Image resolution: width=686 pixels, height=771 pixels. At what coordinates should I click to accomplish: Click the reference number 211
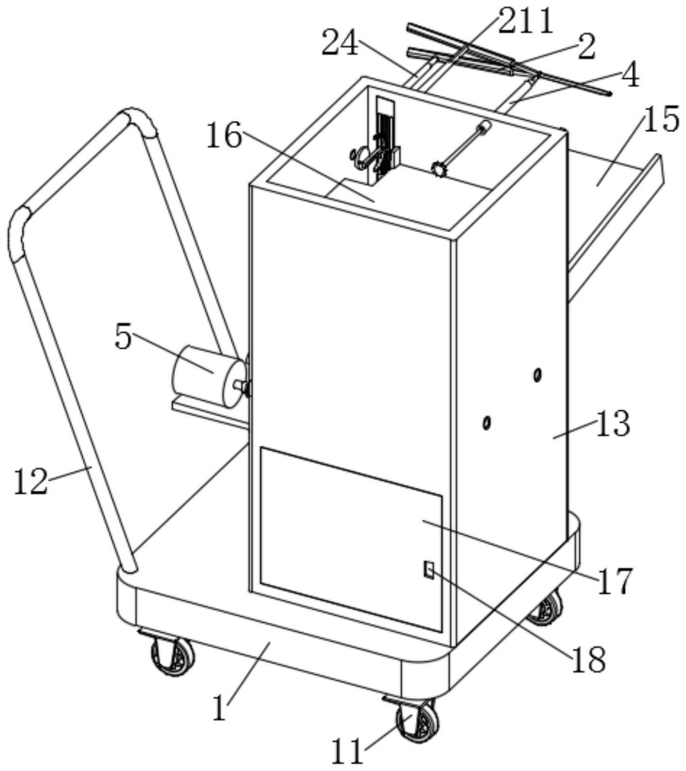526,23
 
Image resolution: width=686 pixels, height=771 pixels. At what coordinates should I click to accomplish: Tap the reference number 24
340,44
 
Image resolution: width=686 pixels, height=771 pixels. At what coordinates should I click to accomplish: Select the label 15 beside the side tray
661,120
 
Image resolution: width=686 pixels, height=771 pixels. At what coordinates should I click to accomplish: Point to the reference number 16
224,136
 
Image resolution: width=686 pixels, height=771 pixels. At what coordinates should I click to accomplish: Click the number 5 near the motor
123,337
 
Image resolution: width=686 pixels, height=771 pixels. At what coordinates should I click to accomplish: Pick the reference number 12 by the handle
30,481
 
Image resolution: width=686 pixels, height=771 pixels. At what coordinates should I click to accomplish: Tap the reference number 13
613,424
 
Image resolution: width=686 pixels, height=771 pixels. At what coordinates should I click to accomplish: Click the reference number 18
589,659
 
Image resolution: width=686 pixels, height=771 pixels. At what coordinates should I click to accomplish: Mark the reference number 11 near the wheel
348,751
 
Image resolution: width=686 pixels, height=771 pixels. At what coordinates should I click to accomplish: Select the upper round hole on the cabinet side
537,375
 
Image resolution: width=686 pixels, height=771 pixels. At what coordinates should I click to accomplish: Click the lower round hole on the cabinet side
486,422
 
